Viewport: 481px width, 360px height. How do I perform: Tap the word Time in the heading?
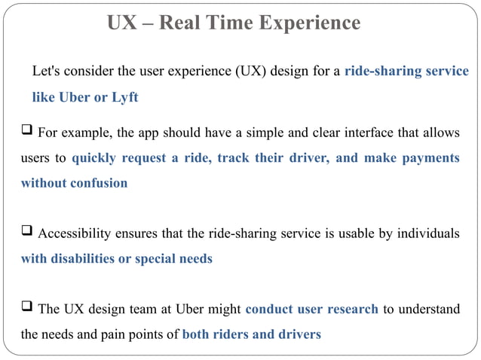(x=227, y=23)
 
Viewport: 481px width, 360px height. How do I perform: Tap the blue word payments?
(x=429, y=158)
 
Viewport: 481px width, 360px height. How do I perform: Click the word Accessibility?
(x=80, y=233)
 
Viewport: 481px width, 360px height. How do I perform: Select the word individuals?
(x=428, y=233)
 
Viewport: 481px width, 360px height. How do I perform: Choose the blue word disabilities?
(x=84, y=258)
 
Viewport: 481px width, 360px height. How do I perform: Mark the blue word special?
(x=155, y=258)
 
